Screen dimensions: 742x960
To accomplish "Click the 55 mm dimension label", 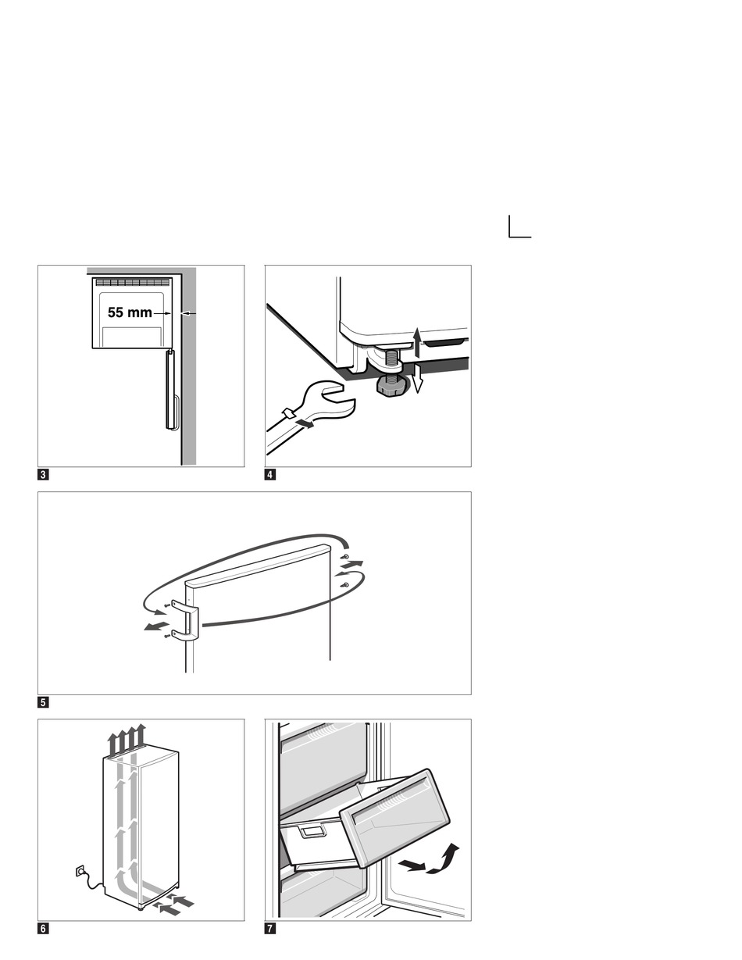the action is pos(130,312).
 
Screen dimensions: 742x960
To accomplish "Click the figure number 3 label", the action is pos(44,474).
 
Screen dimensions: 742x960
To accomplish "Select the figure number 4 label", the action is pos(270,474).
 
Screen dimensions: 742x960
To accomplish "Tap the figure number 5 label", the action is pos(44,701).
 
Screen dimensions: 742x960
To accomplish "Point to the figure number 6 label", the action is pos(44,928).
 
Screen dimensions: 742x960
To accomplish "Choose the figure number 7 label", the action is pos(270,928).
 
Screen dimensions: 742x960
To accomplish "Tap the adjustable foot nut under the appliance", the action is pos(391,384).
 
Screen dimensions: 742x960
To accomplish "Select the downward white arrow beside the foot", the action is pos(418,379).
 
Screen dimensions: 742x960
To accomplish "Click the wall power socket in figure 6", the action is pos(80,870).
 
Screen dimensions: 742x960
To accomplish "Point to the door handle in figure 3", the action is pos(170,391).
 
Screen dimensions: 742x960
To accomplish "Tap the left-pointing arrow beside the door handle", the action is pos(156,627).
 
